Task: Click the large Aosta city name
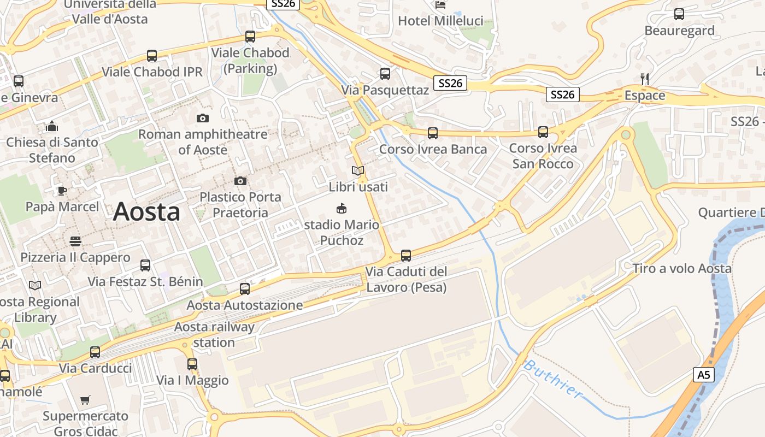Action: click(x=146, y=212)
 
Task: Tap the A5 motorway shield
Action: click(x=704, y=375)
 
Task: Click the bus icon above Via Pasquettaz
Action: click(x=385, y=74)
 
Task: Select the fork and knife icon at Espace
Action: click(x=645, y=79)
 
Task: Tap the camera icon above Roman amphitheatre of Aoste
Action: click(x=203, y=118)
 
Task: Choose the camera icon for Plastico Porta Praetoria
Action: click(x=240, y=181)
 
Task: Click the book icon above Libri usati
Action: click(x=358, y=171)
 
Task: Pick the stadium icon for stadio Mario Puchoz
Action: click(x=342, y=208)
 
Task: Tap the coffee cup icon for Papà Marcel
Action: click(x=62, y=191)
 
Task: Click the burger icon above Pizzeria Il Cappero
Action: click(x=75, y=241)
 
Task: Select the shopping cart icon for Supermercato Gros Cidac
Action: click(x=85, y=400)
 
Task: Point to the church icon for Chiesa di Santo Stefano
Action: click(x=52, y=126)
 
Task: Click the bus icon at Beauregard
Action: click(x=679, y=14)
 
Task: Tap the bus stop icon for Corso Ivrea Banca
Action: click(x=433, y=133)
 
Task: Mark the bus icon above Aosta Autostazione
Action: click(x=245, y=288)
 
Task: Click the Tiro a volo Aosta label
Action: click(x=682, y=268)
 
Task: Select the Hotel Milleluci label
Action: click(x=440, y=21)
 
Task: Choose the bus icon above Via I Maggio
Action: click(x=192, y=364)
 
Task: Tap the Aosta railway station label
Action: click(x=214, y=335)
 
